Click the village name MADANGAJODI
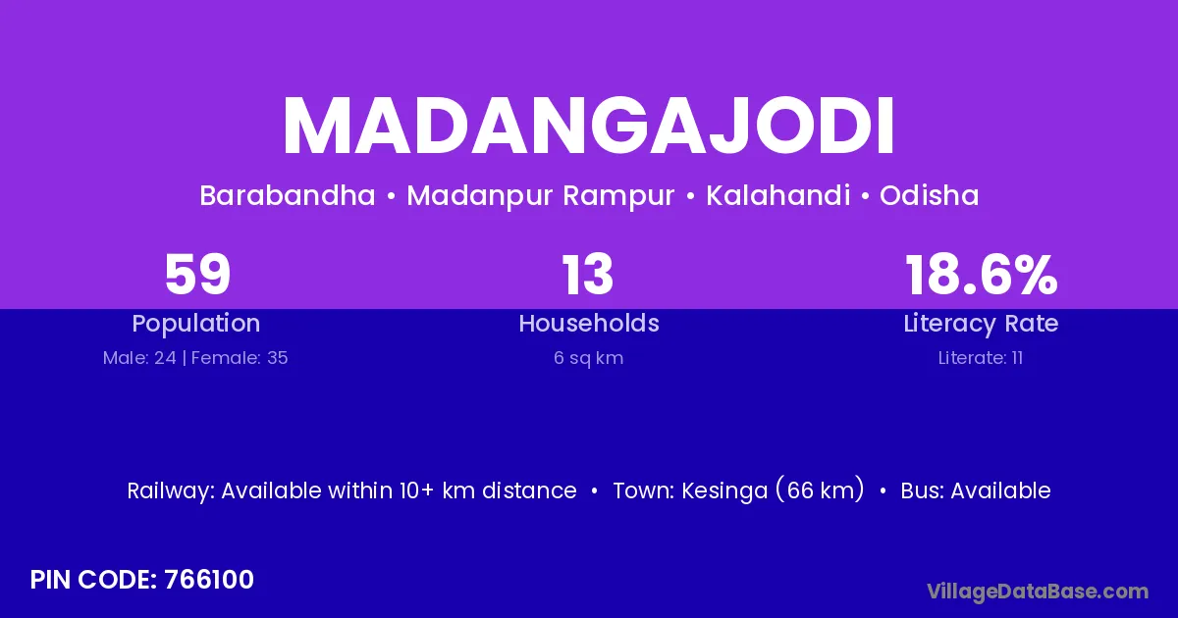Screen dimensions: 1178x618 click(588, 127)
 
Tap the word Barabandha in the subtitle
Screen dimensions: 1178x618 click(288, 195)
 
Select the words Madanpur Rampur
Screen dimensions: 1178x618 click(541, 196)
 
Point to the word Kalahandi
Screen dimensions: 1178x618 click(777, 195)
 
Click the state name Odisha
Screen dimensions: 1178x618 click(930, 195)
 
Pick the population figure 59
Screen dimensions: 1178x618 click(197, 275)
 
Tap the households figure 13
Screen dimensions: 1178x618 click(588, 275)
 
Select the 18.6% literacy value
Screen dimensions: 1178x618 click(982, 275)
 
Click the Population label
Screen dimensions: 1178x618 click(196, 324)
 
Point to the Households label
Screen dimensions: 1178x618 click(589, 323)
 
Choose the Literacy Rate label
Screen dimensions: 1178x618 click(981, 324)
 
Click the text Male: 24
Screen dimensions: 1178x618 click(139, 358)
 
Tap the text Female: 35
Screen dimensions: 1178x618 click(240, 358)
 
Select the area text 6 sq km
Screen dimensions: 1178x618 click(588, 358)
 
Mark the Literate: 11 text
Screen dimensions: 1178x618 click(981, 358)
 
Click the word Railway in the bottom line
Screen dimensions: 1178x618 click(171, 491)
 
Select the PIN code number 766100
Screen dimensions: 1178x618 click(209, 580)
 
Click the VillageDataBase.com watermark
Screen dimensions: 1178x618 click(1038, 592)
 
